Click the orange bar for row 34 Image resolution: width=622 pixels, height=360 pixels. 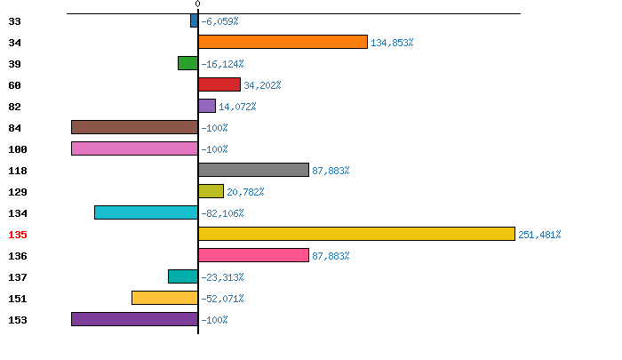[283, 42]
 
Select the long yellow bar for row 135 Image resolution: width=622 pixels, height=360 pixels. [356, 234]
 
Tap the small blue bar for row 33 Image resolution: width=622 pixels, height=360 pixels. [194, 20]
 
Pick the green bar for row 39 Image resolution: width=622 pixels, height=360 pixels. [187, 63]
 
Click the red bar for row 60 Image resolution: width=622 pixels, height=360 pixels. [219, 84]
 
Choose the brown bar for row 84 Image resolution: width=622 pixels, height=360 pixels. [134, 127]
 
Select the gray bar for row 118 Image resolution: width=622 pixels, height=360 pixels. [253, 170]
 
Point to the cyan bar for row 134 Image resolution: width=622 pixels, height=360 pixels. [146, 212]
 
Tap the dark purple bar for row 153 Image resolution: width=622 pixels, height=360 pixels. [134, 319]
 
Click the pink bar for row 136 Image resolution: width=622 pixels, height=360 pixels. [253, 255]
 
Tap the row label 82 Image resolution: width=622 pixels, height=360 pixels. [14, 107]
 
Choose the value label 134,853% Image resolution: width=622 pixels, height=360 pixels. [392, 43]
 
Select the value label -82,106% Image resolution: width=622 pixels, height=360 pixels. [222, 213]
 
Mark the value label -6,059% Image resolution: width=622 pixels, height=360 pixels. [219, 21]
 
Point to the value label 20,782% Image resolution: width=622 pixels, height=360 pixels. [245, 192]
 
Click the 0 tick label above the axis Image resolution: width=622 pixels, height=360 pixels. [197, 4]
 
